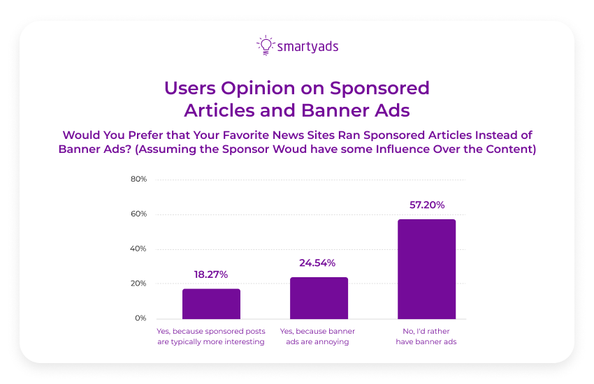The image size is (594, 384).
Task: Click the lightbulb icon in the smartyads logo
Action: (265, 45)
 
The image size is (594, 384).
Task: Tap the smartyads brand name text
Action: (307, 47)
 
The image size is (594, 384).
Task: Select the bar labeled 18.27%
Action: (211, 304)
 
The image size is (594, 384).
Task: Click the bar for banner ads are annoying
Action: (319, 298)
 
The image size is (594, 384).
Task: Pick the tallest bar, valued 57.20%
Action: (426, 269)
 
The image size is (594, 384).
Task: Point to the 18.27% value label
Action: (211, 275)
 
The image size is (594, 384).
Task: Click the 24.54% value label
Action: (319, 263)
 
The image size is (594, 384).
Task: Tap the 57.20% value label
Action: (426, 205)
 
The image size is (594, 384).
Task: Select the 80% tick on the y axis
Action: (138, 179)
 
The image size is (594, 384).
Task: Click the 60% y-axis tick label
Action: (138, 214)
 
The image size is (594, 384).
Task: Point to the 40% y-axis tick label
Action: (138, 249)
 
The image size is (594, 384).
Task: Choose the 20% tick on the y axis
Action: (138, 284)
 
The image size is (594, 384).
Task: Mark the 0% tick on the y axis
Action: (140, 319)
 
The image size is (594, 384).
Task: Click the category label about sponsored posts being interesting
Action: (211, 337)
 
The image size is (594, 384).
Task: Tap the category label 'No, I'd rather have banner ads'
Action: (426, 337)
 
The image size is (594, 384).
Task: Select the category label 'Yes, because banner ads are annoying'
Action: (318, 337)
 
